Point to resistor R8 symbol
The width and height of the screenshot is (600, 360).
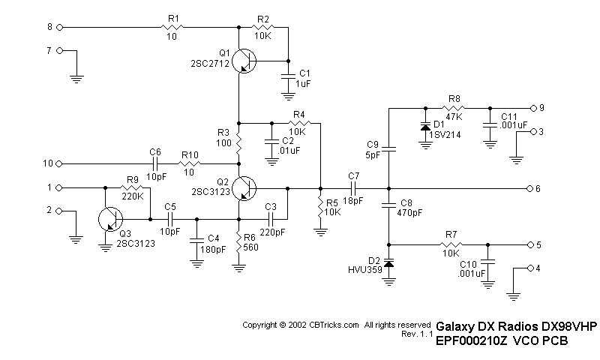tap(454, 106)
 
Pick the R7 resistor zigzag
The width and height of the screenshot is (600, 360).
tap(451, 244)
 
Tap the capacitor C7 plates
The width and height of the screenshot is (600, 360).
tap(353, 187)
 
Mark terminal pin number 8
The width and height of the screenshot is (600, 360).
tap(49, 27)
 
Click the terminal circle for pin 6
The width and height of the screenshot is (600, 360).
tap(529, 187)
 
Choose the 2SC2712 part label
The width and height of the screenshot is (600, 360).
tap(211, 65)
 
